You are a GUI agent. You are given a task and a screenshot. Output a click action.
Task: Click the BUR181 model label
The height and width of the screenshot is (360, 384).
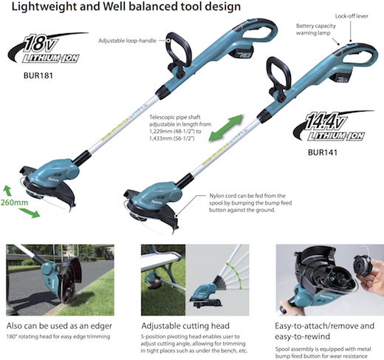pos(38,75)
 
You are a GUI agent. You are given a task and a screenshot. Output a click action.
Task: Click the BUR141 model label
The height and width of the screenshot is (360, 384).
pos(323,152)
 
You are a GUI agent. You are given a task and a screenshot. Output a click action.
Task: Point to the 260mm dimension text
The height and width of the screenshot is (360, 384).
pos(14,203)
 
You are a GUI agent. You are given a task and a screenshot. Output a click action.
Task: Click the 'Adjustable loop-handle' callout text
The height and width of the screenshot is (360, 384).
pos(127,41)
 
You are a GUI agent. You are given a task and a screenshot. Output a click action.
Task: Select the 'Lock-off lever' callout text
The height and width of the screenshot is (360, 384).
pos(352,16)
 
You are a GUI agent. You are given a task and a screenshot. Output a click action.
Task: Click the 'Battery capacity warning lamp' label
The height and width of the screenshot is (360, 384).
pos(315,30)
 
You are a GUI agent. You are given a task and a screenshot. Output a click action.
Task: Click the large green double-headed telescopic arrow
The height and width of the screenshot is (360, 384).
pos(226,127)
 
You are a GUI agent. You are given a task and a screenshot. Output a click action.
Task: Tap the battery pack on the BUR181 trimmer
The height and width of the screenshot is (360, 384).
pos(241,53)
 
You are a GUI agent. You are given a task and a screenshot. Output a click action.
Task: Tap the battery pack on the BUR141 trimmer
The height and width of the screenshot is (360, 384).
pos(342,76)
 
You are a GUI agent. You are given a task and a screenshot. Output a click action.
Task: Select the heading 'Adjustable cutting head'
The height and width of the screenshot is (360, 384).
pos(185,326)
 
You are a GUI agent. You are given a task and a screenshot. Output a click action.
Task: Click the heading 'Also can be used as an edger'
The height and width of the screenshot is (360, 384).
pos(59,326)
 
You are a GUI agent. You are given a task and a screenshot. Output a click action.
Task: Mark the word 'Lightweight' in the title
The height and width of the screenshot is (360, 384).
pos(44,7)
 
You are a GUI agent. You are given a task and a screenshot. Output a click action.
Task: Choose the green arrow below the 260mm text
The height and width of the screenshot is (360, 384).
pos(29,213)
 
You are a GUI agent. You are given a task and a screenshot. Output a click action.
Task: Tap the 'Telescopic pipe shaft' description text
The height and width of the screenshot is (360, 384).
pos(180,128)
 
